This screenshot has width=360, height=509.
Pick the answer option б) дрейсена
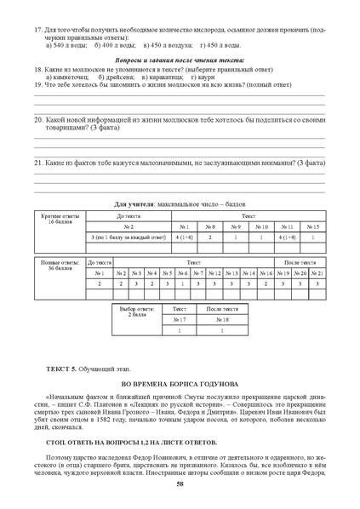117,77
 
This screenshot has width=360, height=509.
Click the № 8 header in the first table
210,226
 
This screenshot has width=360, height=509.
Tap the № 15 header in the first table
312,226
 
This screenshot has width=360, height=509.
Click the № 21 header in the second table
317,272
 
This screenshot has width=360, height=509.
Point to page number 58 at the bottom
180,484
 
